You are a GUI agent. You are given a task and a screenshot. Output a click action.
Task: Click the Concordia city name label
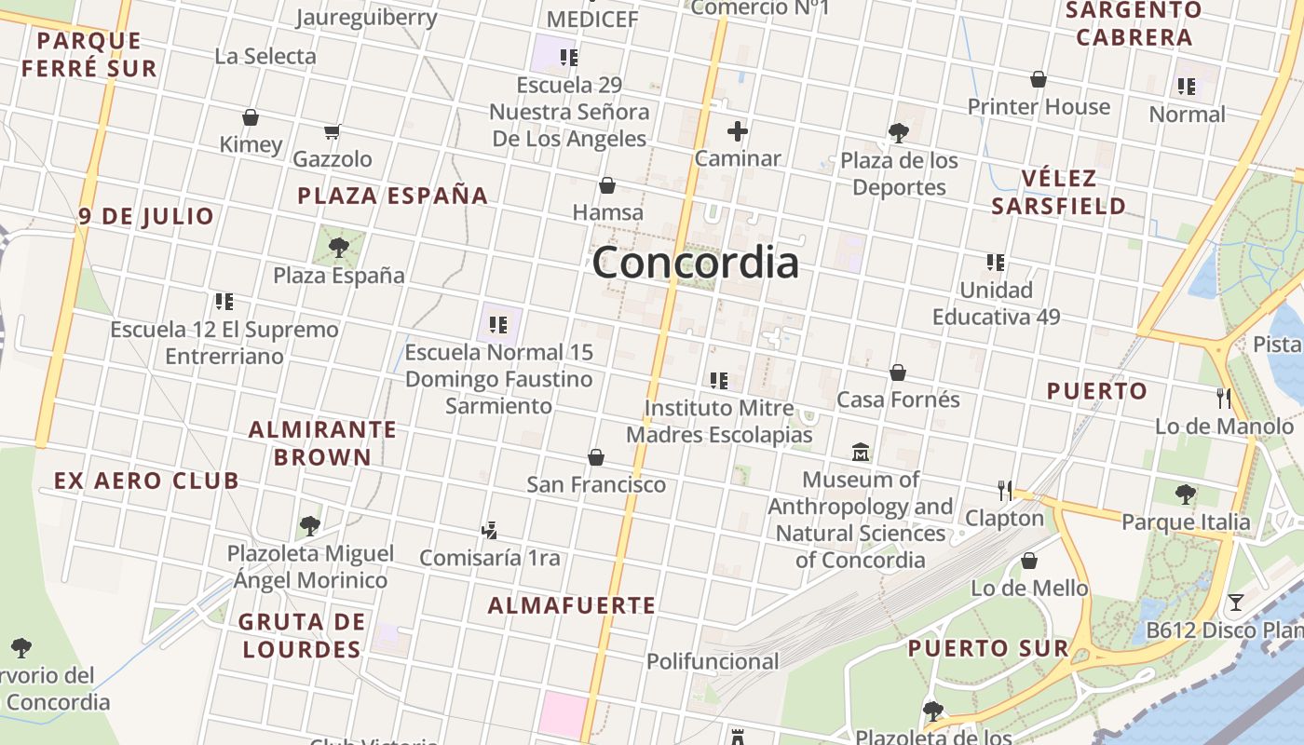tap(695, 263)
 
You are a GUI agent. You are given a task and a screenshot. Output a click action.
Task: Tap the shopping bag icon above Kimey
tap(250, 117)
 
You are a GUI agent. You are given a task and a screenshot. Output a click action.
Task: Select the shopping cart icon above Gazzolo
tap(333, 131)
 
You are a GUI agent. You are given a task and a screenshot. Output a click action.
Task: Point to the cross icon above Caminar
tap(738, 131)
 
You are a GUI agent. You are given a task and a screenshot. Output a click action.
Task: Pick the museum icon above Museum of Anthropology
tap(861, 453)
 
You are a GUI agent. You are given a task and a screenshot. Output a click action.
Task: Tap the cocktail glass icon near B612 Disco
tap(1235, 603)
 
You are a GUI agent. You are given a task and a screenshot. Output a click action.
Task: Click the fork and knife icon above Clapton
tap(1004, 490)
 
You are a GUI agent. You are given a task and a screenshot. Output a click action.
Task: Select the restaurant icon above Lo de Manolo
tap(1224, 399)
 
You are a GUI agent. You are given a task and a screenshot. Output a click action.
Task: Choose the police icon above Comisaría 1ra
tap(489, 531)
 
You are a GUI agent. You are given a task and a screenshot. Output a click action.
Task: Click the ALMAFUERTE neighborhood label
tap(572, 605)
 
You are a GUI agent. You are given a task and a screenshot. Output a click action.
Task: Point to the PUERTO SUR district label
tap(988, 648)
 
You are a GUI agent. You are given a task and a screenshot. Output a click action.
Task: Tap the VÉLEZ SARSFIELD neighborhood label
tap(1059, 192)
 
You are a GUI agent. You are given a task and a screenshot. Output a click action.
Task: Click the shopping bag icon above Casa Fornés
tap(898, 372)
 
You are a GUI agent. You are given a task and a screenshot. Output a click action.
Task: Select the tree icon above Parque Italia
tap(1186, 494)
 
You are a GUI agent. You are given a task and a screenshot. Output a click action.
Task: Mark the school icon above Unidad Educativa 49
tap(996, 263)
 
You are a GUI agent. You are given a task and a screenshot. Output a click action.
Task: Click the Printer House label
tap(1039, 106)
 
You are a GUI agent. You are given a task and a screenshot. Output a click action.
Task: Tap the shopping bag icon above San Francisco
tap(596, 457)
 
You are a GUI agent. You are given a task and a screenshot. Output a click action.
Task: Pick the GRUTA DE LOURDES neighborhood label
tap(300, 635)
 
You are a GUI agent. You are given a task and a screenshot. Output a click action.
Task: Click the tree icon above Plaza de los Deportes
tap(899, 132)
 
